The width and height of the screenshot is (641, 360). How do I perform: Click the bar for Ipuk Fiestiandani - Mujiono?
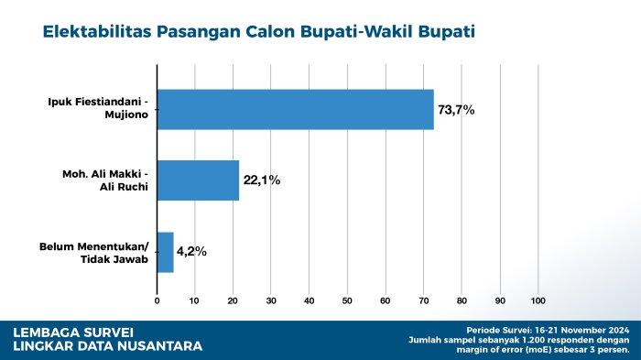[295, 109]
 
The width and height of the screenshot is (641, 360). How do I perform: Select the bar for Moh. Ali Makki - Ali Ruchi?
[198, 180]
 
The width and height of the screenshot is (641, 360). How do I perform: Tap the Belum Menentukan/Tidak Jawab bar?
[165, 252]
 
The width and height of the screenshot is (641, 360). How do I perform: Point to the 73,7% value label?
[456, 110]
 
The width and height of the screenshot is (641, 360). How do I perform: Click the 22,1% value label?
[261, 180]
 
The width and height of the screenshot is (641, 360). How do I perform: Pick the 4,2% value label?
[191, 251]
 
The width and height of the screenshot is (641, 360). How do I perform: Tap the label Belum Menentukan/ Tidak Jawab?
[93, 252]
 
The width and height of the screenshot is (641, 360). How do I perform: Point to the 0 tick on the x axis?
[158, 300]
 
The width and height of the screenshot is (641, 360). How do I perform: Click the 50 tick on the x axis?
[347, 300]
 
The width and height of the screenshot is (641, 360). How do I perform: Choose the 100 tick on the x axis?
[538, 300]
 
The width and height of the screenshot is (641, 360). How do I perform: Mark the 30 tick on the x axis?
[271, 300]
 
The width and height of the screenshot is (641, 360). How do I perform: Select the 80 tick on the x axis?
[462, 300]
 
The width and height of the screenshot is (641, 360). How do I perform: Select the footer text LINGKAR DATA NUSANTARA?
[108, 346]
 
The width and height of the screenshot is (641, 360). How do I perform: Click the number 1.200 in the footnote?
[507, 339]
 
